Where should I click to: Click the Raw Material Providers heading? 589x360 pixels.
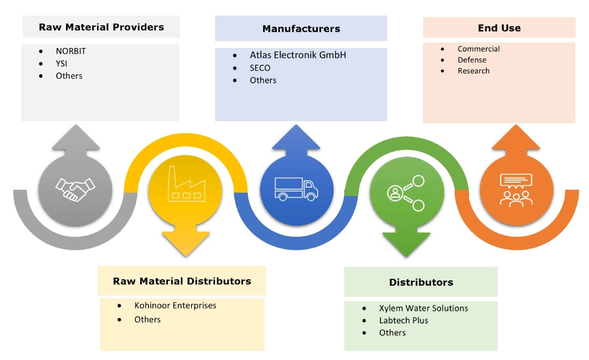101,27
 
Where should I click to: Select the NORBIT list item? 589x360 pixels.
70,51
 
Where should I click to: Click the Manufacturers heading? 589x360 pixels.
301,29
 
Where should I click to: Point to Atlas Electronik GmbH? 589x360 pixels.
298,55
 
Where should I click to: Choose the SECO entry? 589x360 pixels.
260,68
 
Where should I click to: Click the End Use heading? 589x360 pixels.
499,28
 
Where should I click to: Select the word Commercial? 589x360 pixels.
478,49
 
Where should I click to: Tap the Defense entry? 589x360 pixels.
472,60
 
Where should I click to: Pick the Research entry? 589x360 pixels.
473,71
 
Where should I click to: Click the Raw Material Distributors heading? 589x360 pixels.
182,281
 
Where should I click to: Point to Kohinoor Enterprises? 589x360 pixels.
175,305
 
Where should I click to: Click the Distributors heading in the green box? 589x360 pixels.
421,283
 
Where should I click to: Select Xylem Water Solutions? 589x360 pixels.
423,308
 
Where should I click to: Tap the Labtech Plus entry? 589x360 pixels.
403,321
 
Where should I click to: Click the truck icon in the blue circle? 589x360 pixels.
297,189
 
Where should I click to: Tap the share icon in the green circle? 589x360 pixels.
404,193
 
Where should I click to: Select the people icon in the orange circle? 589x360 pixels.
515,189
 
